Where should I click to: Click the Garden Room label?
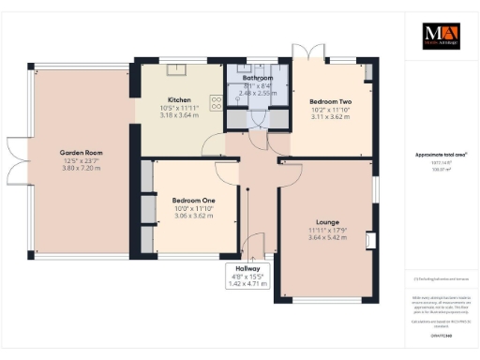(81, 152)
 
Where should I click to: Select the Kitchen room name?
(179, 99)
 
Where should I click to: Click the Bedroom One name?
(193, 199)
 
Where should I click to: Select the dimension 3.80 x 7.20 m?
(81, 169)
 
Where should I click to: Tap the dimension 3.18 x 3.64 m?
(179, 116)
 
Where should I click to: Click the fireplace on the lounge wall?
(369, 239)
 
